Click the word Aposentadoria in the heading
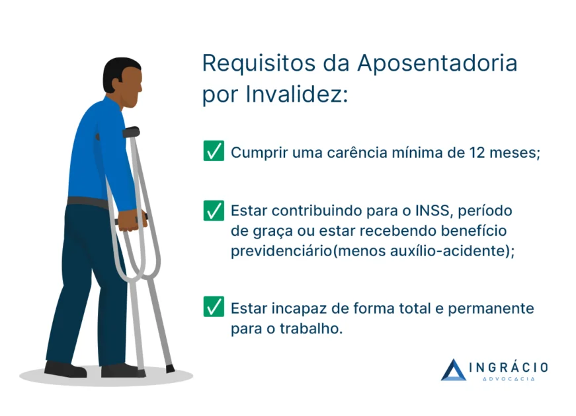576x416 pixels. pyautogui.click(x=437, y=64)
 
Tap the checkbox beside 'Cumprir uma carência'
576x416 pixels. pyautogui.click(x=214, y=151)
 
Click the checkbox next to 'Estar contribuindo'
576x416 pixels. pyautogui.click(x=214, y=211)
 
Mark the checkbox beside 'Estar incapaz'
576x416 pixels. pyautogui.click(x=214, y=307)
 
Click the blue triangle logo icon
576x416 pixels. pyautogui.click(x=454, y=370)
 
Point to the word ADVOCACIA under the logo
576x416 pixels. pyautogui.click(x=509, y=379)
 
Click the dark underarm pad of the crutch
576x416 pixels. pyautogui.click(x=131, y=132)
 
